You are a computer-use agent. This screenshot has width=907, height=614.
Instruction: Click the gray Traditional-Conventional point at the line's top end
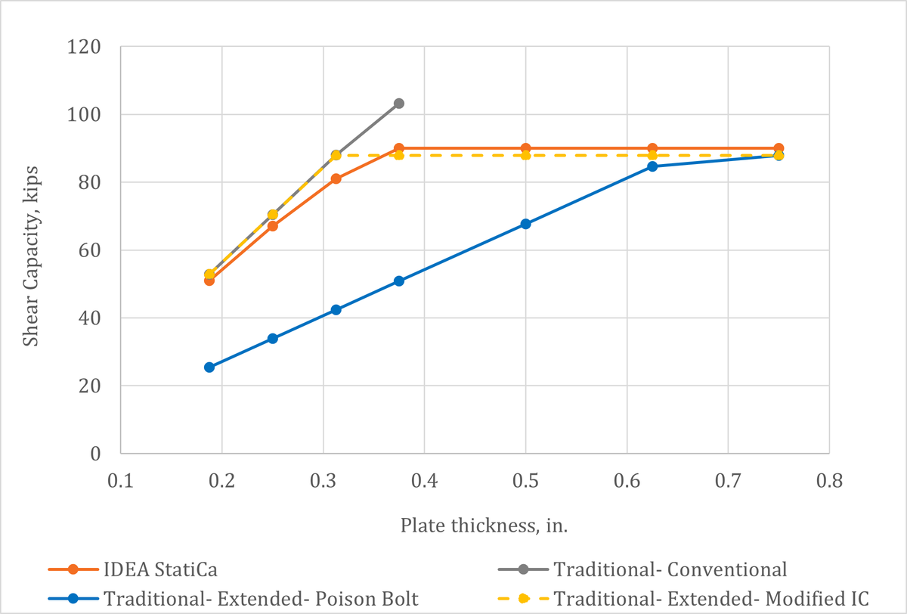399,104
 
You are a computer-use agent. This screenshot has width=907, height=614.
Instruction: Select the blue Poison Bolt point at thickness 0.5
525,224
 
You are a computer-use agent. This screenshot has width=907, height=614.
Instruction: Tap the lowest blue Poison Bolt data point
209,367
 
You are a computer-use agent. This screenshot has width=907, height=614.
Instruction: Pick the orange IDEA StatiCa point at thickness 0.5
525,148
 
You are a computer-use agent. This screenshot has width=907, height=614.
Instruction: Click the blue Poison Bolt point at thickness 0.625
652,166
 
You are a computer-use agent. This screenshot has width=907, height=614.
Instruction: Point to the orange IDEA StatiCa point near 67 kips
273,226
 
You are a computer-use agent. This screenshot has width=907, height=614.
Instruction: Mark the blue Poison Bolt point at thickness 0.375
399,281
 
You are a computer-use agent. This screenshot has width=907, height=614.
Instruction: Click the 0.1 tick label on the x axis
120,481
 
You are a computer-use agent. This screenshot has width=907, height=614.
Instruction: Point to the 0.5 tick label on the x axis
525,481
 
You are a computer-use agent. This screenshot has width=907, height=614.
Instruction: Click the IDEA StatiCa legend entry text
154,569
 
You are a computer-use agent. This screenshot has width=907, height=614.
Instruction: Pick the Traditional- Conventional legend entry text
670,569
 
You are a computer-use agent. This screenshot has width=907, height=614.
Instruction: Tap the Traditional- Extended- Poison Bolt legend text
262,598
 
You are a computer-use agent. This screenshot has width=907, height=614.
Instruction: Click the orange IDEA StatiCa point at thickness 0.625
652,148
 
